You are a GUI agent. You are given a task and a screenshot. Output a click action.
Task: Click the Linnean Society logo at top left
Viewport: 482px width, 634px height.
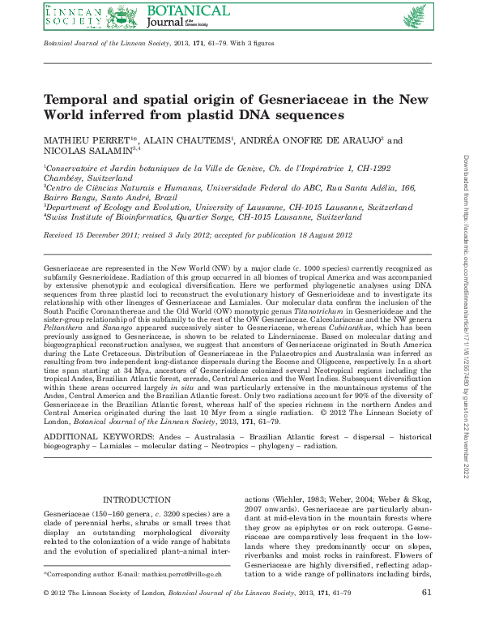coord(73,15)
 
